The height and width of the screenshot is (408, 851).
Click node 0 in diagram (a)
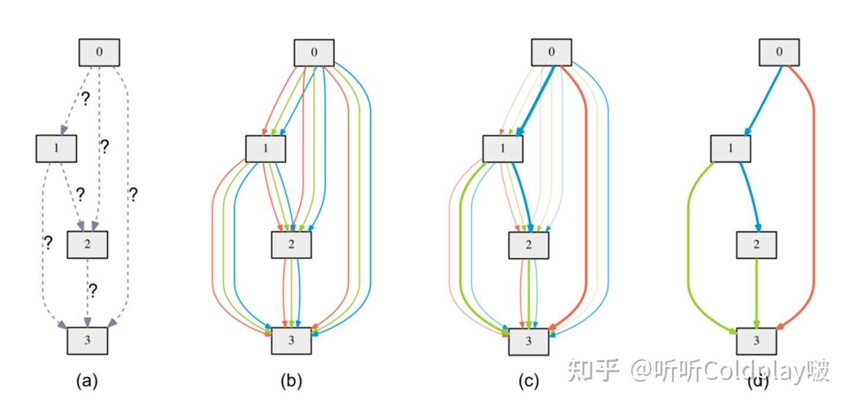(x=99, y=52)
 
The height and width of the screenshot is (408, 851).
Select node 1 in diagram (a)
(x=56, y=148)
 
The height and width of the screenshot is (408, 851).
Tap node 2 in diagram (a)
(x=87, y=244)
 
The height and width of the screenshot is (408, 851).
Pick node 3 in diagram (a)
(x=87, y=341)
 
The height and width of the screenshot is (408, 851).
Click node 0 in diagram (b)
(x=314, y=53)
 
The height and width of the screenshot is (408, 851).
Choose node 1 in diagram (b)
(x=265, y=148)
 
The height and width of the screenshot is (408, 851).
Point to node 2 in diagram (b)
(x=291, y=245)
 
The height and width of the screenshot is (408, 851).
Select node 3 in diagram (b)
(x=291, y=341)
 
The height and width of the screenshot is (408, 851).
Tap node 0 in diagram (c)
(x=551, y=53)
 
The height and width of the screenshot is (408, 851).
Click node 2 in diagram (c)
(x=529, y=245)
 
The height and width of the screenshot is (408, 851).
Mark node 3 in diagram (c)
(x=529, y=341)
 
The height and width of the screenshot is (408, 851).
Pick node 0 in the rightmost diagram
(x=779, y=53)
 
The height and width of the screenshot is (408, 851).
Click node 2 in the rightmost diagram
(x=756, y=245)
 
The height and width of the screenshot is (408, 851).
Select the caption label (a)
(x=87, y=382)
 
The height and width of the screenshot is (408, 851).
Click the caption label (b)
(x=291, y=382)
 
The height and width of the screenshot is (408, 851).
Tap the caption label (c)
(x=528, y=382)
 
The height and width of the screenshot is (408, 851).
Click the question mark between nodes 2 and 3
(x=93, y=290)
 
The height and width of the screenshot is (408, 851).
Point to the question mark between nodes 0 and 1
(x=85, y=99)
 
